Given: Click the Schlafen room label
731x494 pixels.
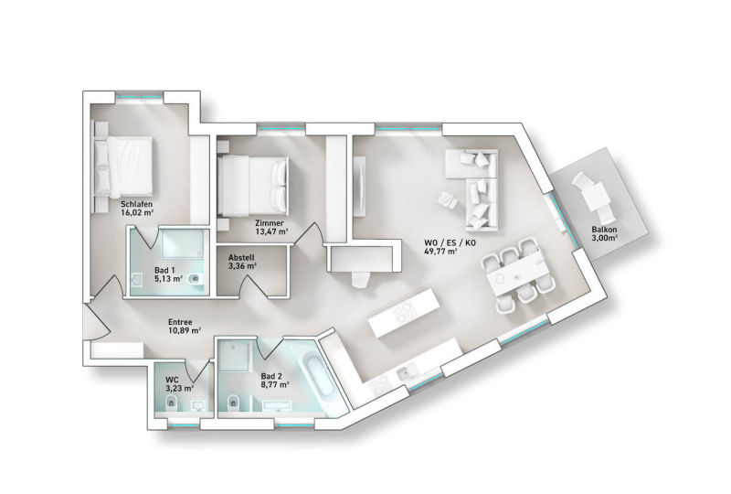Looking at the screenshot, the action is (x=136, y=204).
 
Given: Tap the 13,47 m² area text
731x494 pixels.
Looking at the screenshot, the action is (x=271, y=231).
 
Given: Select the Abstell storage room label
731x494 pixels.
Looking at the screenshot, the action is (x=241, y=258).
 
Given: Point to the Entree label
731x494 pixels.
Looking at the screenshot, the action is (x=180, y=322).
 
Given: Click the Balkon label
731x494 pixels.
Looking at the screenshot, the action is (x=604, y=230).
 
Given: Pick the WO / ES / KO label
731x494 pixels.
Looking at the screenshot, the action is (x=450, y=242).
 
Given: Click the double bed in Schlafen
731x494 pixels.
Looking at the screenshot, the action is (x=123, y=166).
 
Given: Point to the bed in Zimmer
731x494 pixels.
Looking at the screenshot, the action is (x=253, y=185).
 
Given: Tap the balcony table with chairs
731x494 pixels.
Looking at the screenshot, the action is (x=594, y=196).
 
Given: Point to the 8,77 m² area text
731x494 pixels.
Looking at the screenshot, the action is (x=275, y=385).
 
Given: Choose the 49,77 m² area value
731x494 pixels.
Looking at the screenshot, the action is (x=440, y=252).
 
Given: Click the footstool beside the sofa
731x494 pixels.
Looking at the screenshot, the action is (x=448, y=200).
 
